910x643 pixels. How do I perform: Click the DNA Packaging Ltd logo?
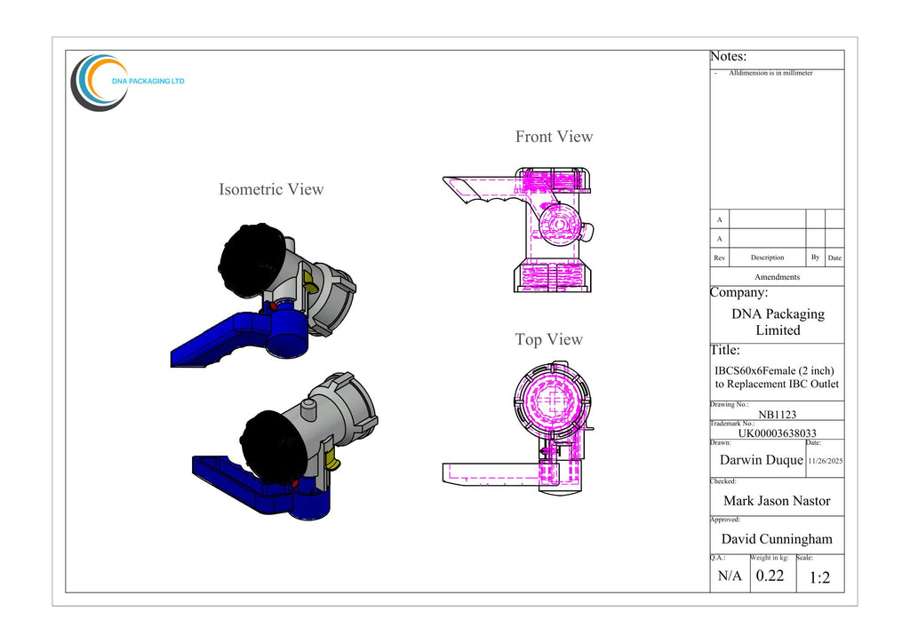tap(127, 83)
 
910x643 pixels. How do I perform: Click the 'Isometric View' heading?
tap(271, 189)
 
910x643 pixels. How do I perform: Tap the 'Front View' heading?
tap(555, 137)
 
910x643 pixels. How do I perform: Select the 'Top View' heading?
tap(549, 340)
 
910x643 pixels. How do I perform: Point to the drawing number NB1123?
tap(777, 414)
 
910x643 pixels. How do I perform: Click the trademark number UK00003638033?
tap(777, 433)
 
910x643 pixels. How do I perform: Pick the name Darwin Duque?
tap(761, 460)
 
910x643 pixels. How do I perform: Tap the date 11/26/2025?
tap(826, 461)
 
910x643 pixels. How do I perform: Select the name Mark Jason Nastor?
tap(777, 500)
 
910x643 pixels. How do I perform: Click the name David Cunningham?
tap(777, 539)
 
